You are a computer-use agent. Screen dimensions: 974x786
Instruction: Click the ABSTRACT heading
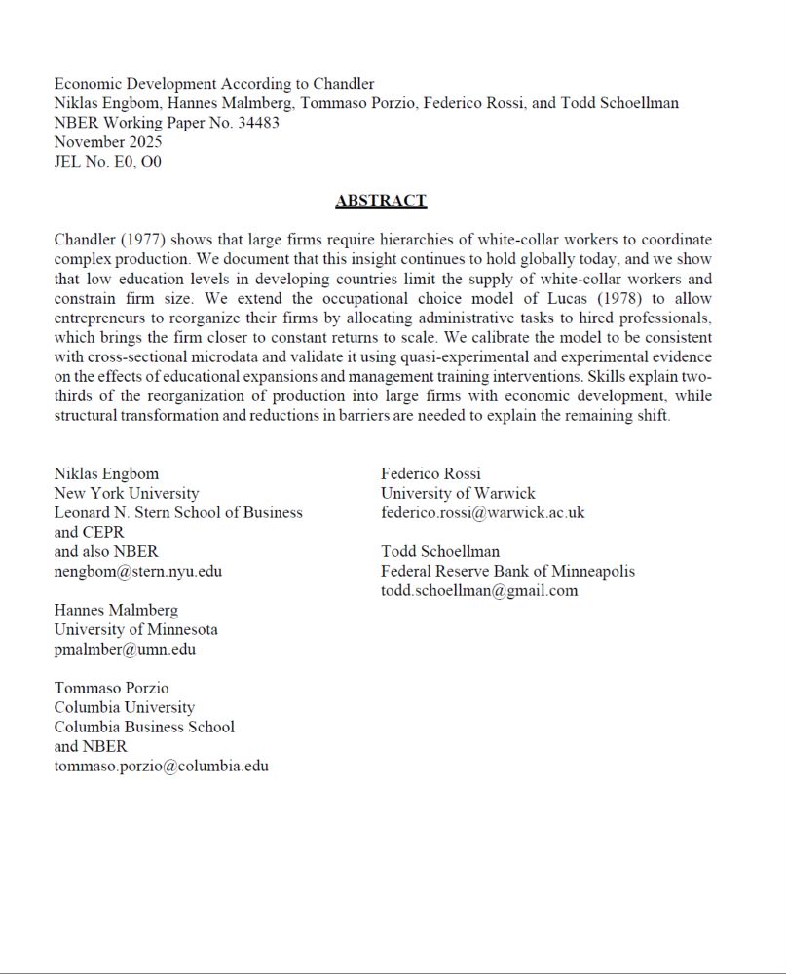381,201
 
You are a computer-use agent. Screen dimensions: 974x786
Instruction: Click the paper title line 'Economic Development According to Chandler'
214,84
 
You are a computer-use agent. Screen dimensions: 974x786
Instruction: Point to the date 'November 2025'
108,142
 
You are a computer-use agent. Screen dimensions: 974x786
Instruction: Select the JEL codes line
107,162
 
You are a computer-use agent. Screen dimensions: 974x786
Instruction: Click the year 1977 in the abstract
143,240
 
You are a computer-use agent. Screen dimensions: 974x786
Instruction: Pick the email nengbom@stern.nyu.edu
137,571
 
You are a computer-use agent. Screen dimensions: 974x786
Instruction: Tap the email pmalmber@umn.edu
125,649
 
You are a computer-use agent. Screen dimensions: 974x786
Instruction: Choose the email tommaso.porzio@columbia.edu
161,766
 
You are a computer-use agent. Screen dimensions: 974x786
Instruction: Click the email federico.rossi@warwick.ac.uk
482,512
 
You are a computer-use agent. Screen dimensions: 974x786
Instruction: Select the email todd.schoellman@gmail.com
478,590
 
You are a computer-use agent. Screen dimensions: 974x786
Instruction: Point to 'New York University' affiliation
127,493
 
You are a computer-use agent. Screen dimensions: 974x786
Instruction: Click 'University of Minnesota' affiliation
135,629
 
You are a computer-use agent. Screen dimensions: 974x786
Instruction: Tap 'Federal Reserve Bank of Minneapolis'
507,571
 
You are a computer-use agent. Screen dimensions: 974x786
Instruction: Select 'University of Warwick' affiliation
457,493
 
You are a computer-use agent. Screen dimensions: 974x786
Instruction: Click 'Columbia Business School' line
144,727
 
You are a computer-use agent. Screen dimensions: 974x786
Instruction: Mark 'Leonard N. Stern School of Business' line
178,512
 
